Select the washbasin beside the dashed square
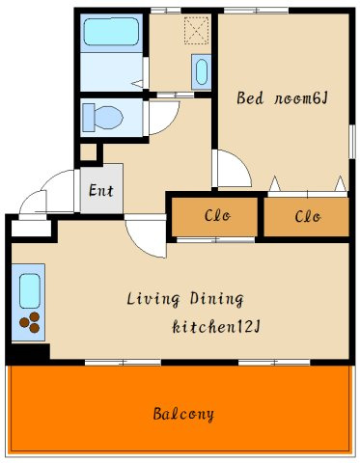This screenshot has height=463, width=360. point(201,72)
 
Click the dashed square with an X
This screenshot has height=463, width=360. point(197,32)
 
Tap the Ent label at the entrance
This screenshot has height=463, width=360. point(100,190)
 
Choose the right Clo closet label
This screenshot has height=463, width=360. point(307,215)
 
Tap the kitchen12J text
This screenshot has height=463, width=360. point(217,328)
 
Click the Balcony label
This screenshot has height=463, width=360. point(183,415)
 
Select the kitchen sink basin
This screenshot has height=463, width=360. point(29,289)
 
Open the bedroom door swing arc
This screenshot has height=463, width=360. point(232,171)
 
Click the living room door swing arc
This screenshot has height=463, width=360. point(145,236)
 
